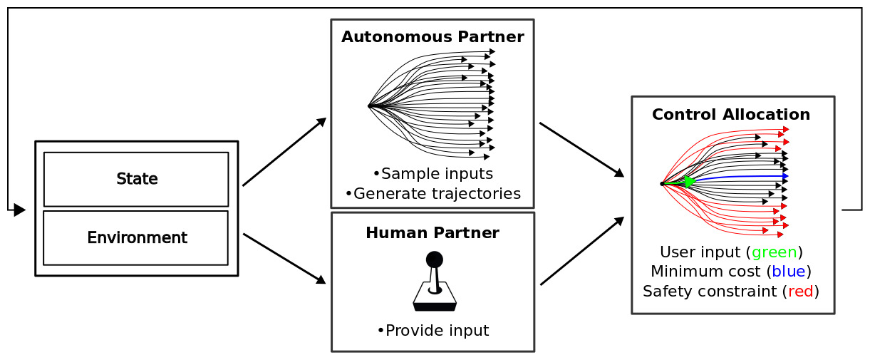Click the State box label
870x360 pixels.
[137, 179]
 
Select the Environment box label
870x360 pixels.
[137, 237]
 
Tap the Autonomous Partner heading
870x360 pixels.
[433, 37]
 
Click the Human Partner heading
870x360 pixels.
[433, 233]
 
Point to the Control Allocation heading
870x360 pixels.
[731, 115]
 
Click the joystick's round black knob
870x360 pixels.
[434, 259]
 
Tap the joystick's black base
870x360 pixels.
[435, 307]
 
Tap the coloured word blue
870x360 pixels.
[789, 272]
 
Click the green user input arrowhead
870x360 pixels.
[689, 182]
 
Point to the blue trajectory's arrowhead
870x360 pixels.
[785, 175]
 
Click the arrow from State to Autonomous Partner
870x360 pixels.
[284, 152]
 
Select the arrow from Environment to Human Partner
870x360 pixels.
[284, 259]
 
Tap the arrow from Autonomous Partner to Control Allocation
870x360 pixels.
[581, 150]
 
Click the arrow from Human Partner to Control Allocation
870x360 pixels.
[581, 252]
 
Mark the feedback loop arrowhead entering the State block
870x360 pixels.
[20, 210]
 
